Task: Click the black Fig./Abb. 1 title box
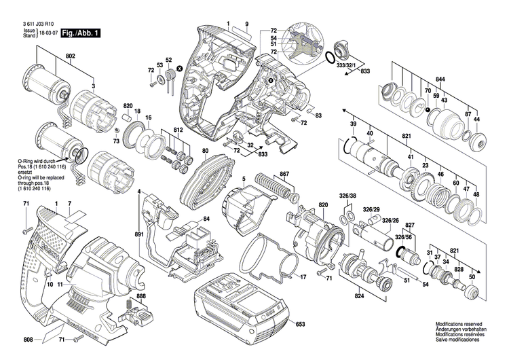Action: pos(80,33)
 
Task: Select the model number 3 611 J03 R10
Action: pos(37,24)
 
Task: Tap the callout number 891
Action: pos(139,234)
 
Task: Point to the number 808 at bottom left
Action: pos(29,340)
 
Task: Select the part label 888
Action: pos(140,297)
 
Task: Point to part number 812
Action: pos(178,129)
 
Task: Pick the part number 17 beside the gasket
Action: pos(303,276)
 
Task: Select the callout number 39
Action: pos(352,124)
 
